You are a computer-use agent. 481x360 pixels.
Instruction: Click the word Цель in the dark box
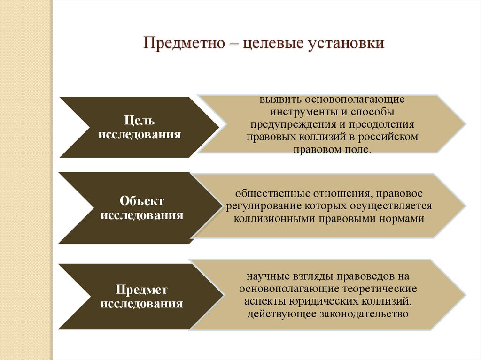point(139,121)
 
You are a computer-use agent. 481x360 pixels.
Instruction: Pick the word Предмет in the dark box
point(141,290)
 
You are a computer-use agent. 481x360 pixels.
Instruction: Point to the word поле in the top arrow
point(358,149)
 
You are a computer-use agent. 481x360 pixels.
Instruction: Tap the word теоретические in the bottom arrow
point(379,289)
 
